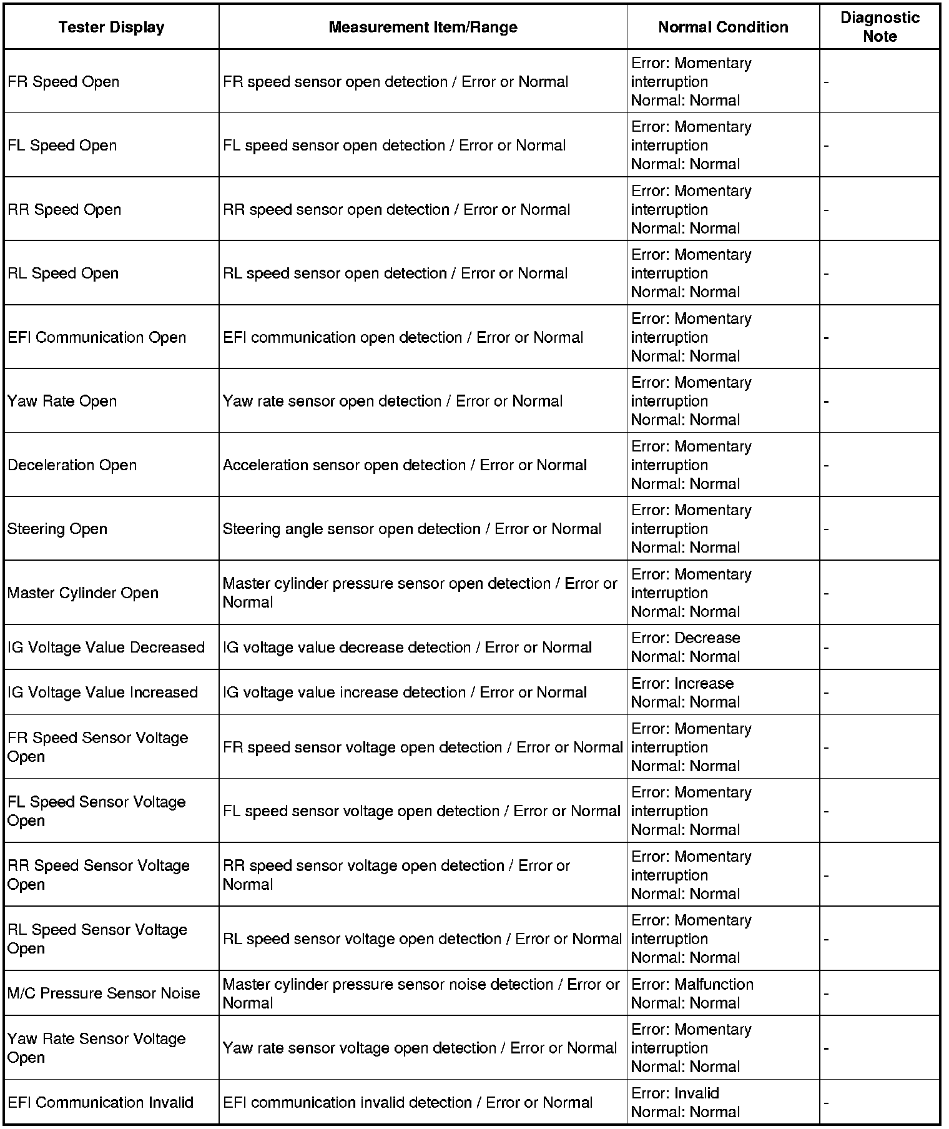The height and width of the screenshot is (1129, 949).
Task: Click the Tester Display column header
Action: [x=111, y=27]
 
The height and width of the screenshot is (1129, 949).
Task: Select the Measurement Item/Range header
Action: [x=423, y=27]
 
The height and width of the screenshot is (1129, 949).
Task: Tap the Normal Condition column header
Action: [x=723, y=27]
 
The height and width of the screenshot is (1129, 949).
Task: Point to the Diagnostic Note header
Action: [x=880, y=27]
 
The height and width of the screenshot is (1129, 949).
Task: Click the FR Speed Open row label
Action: [x=63, y=82]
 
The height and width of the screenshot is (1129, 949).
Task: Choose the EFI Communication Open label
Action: [x=97, y=337]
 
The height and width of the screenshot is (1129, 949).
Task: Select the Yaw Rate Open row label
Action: [x=62, y=401]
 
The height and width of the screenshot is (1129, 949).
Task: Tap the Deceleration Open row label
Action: [x=72, y=465]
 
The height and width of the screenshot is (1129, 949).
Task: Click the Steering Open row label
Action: [x=57, y=529]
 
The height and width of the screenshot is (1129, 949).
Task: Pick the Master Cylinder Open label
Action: [x=83, y=593]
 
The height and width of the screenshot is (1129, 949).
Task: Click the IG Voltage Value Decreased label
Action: [x=106, y=648]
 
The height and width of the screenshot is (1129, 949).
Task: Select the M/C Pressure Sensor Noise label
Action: [x=104, y=993]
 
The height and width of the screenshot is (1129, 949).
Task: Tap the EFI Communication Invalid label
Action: [x=101, y=1102]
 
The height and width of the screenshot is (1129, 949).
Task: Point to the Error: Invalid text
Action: [x=676, y=1093]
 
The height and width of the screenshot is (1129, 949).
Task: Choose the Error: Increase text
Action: [x=682, y=683]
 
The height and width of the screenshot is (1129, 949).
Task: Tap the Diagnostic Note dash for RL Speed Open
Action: [x=827, y=274]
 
